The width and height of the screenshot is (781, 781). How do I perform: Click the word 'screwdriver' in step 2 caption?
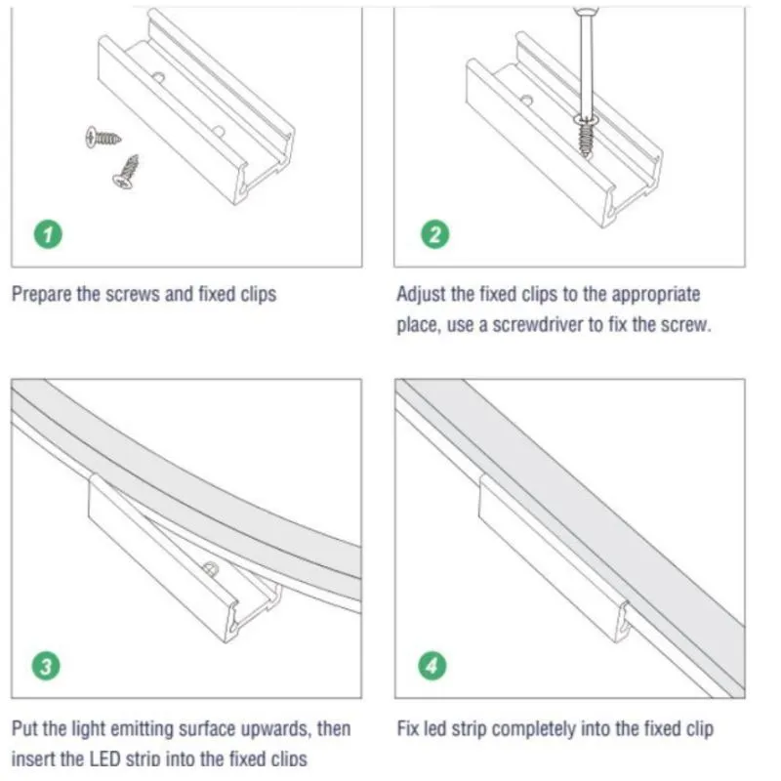pyautogui.click(x=535, y=325)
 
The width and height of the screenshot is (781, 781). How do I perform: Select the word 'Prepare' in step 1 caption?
pyautogui.click(x=41, y=294)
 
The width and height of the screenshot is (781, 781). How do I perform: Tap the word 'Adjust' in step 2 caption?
pyautogui.click(x=421, y=294)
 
